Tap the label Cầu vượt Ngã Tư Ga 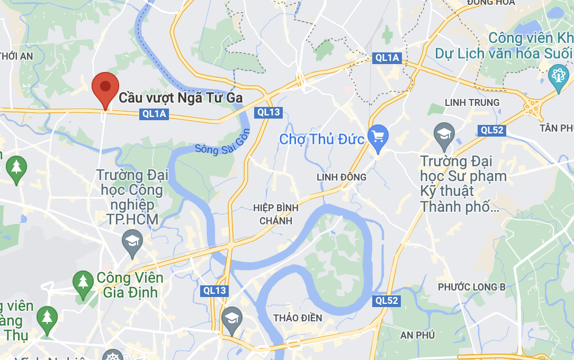coord(180,98)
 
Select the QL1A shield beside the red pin coord(154,114)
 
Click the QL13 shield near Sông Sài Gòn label coord(268,112)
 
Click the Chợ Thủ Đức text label coord(321,139)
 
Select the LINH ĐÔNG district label coord(342,177)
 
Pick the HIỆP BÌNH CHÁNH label coord(276,214)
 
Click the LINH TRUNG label coord(472,102)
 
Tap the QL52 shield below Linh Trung coord(492,130)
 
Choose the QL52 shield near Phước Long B coord(387,301)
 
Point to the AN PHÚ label coord(417,335)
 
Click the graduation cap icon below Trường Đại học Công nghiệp coord(132,241)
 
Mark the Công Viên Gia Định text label coord(130,285)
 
